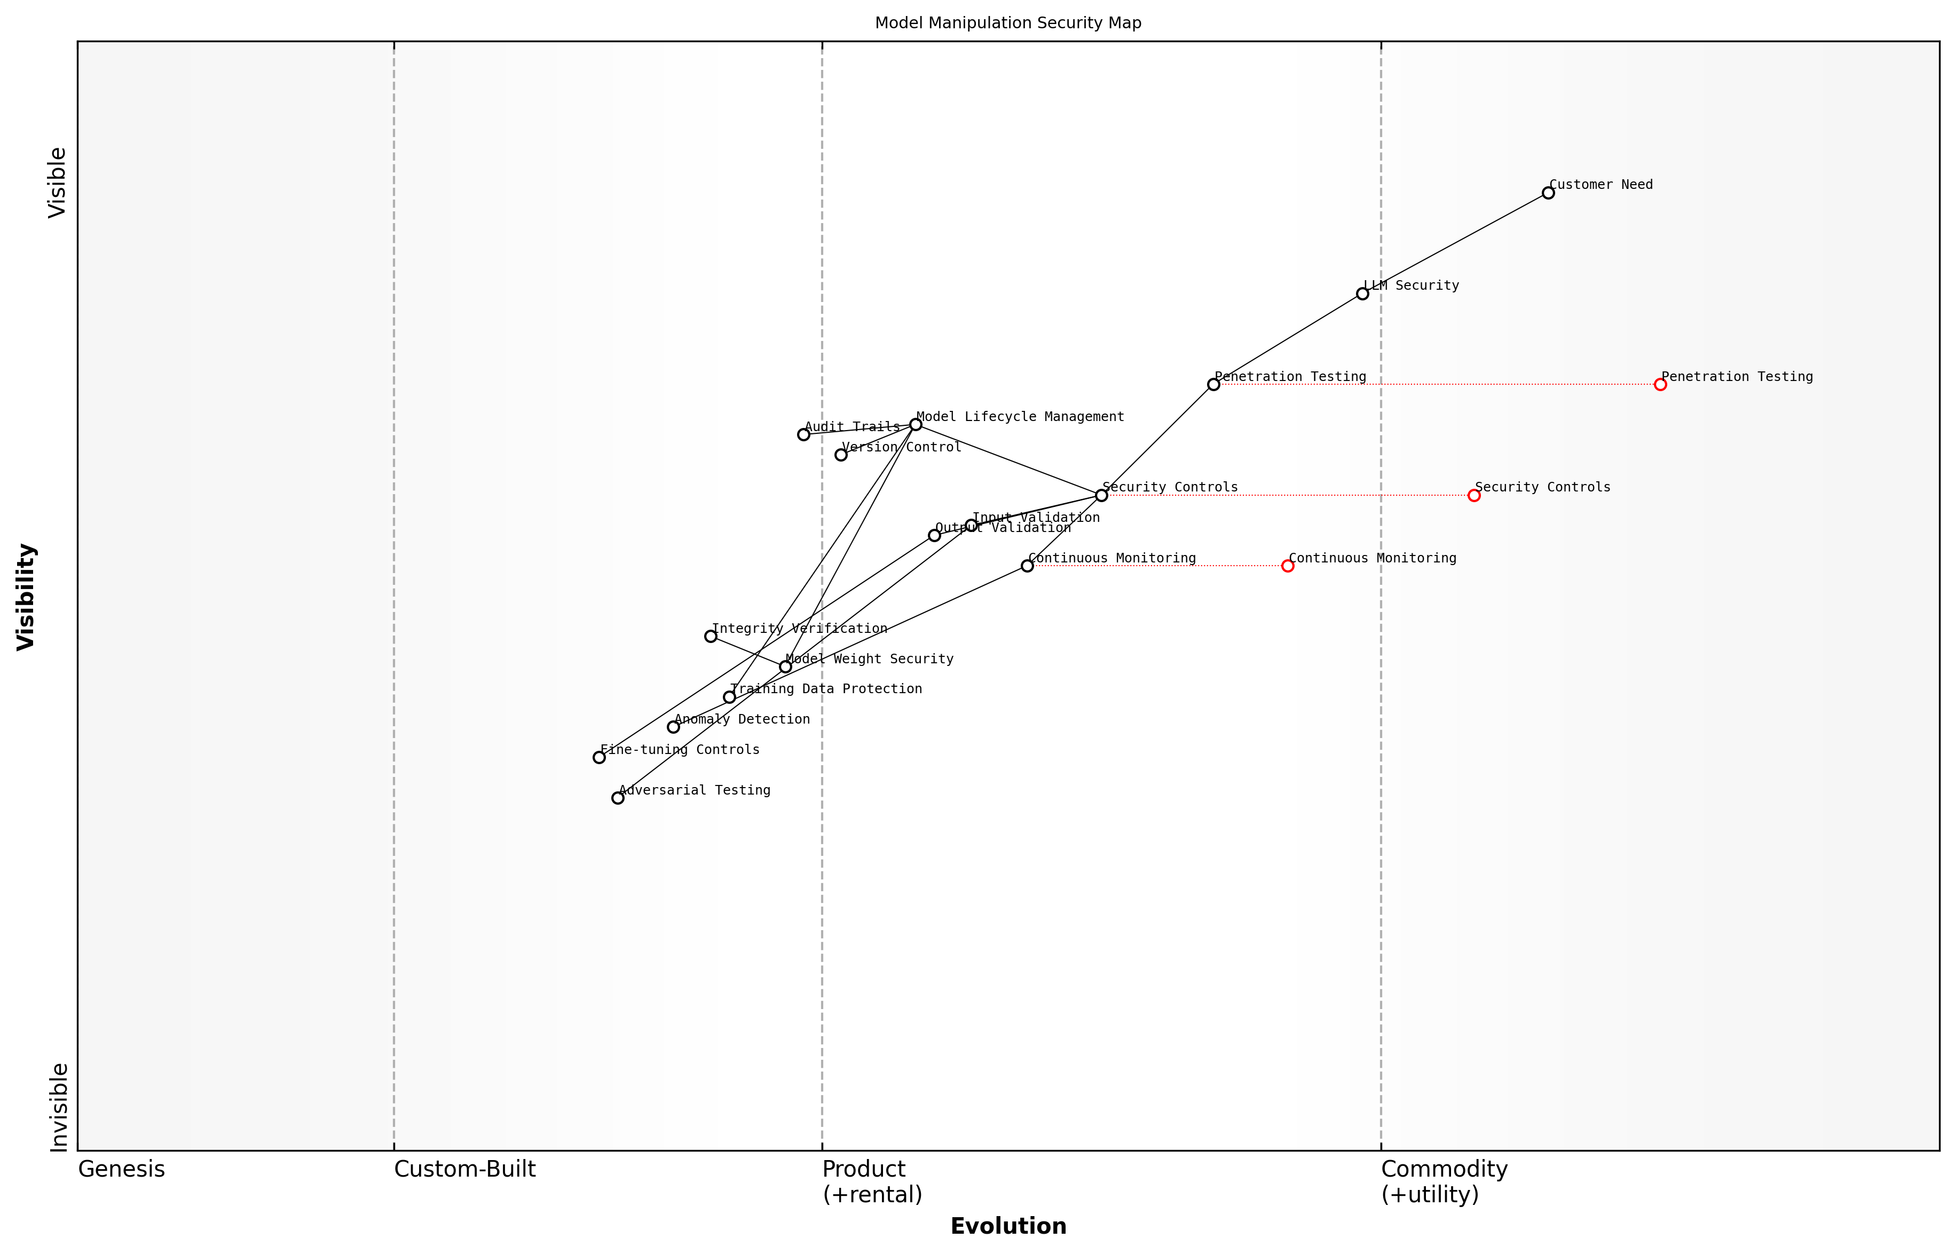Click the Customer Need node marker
click(1548, 193)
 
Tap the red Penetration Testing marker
click(1660, 384)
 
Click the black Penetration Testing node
click(1213, 384)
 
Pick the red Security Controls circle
click(1473, 495)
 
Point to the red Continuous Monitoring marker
click(1287, 566)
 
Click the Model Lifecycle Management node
click(916, 424)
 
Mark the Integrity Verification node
click(711, 636)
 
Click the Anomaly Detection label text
click(742, 719)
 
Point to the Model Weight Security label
click(869, 659)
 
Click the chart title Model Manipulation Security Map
click(1007, 23)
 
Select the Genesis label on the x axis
click(121, 1169)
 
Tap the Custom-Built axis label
click(464, 1169)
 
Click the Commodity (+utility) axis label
click(1444, 1181)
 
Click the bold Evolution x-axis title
click(1007, 1226)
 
